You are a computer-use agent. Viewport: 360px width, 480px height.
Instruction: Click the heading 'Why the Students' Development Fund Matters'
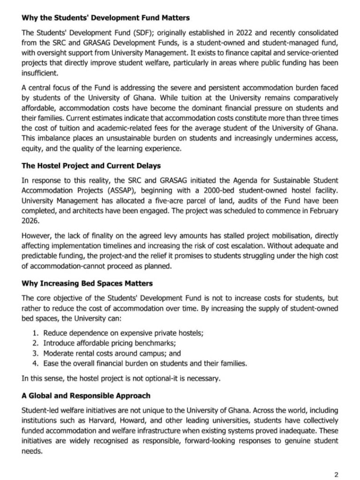coord(106,18)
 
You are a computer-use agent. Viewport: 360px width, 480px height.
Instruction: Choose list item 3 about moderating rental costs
coord(112,353)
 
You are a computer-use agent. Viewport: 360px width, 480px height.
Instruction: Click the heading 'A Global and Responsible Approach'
coord(86,395)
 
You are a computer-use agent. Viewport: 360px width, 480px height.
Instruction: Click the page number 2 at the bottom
coord(336,474)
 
